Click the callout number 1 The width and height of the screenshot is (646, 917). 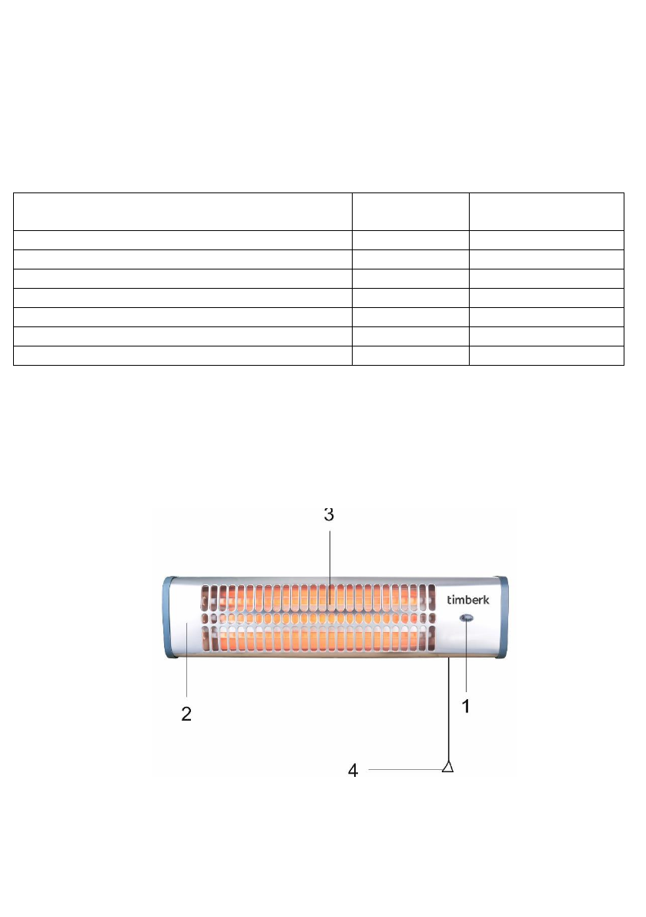coord(466,707)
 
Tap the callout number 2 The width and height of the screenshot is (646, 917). coord(186,714)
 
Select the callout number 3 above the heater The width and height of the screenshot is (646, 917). coord(329,514)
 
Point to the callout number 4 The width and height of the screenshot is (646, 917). coord(353,770)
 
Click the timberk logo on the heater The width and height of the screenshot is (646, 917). coord(468,600)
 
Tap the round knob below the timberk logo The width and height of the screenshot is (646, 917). coord(467,618)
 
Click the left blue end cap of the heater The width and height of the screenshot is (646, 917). coord(169,617)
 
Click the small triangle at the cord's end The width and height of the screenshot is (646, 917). coord(448,766)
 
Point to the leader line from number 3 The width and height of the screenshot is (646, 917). coord(330,567)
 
